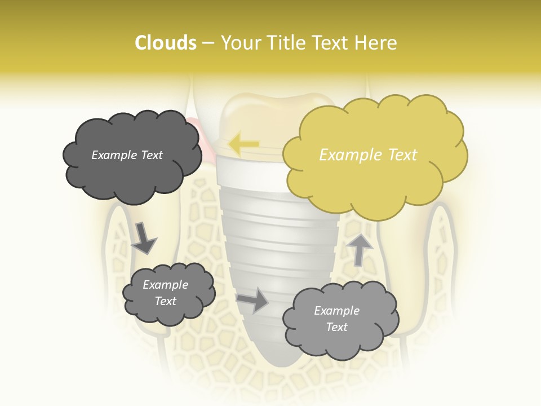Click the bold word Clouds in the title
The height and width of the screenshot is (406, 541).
pos(165,43)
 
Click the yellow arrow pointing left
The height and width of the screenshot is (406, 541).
pos(243,144)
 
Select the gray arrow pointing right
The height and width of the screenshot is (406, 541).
pos(253,301)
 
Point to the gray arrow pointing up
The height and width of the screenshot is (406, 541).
pos(360,249)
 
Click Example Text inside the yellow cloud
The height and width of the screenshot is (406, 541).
pos(368,155)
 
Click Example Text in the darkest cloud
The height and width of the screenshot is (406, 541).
pos(127,155)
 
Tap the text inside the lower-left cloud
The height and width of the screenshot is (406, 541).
pos(166,293)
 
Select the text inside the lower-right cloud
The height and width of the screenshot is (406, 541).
pos(336,319)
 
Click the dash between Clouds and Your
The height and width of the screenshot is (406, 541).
pos(208,43)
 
